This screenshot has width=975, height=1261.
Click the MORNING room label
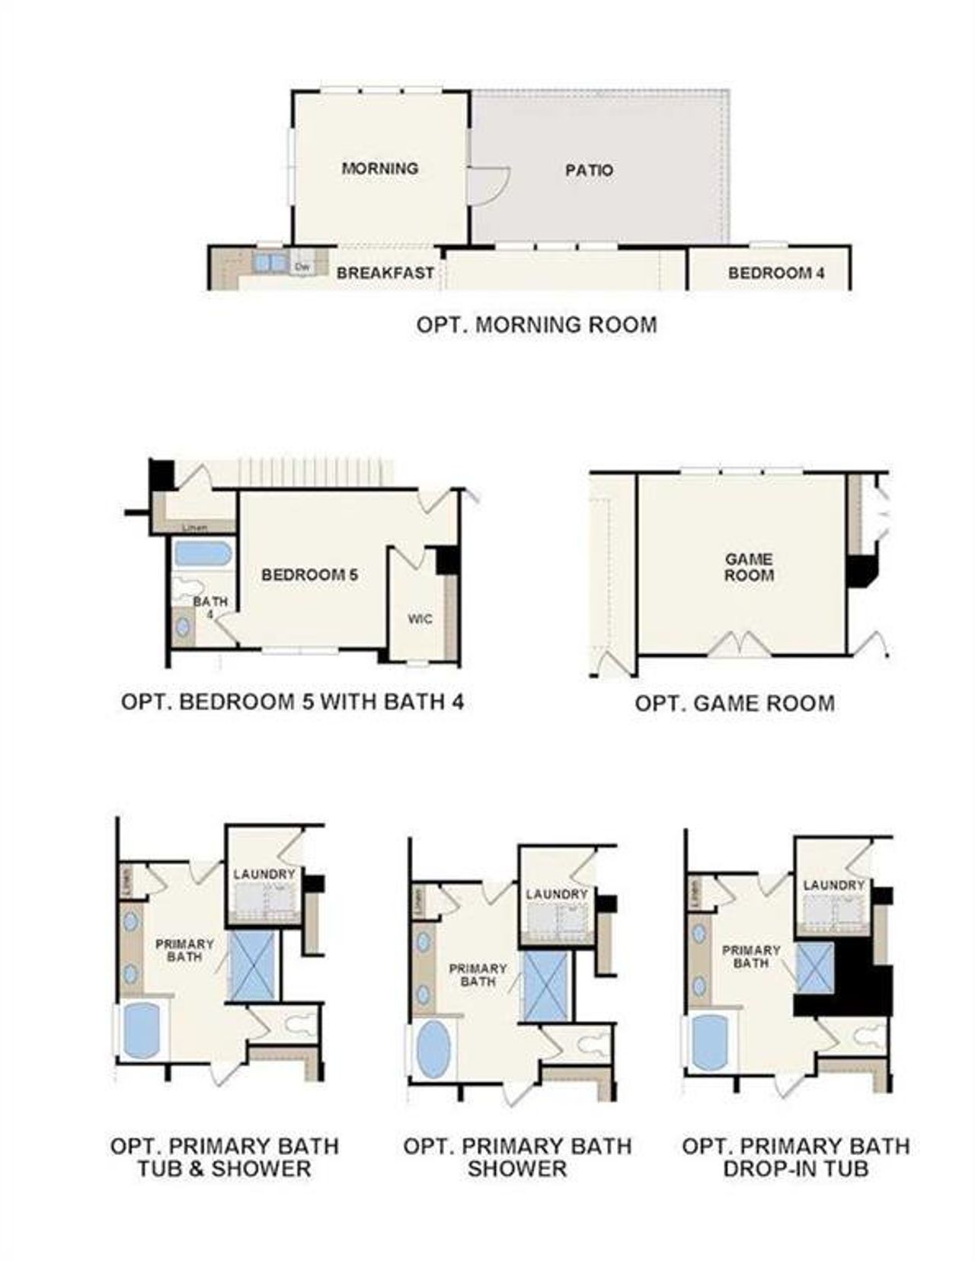(x=379, y=168)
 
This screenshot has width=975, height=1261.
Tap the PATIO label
(x=589, y=171)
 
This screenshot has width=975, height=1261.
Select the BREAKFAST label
(x=385, y=273)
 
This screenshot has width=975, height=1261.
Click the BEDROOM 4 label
(x=776, y=273)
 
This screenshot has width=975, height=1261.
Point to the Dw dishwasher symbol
(x=302, y=267)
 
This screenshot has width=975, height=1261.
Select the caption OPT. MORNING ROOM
(x=536, y=325)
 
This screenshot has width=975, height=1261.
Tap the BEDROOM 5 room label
(x=309, y=575)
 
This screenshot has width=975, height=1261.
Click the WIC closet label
(x=420, y=619)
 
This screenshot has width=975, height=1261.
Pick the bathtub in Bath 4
(x=202, y=553)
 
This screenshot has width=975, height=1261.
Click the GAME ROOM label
(x=749, y=568)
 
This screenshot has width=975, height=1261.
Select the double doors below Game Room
(x=740, y=645)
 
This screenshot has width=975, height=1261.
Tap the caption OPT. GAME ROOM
(x=734, y=703)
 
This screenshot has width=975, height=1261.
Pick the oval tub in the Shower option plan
(x=434, y=1048)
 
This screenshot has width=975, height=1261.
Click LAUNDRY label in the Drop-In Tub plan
(x=833, y=885)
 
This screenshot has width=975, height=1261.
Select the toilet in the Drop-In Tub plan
(x=866, y=1036)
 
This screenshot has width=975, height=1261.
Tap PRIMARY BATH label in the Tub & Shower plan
(x=184, y=950)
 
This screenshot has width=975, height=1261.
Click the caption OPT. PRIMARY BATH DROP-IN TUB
(x=795, y=1157)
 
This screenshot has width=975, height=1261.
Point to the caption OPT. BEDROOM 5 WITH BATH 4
(x=292, y=702)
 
